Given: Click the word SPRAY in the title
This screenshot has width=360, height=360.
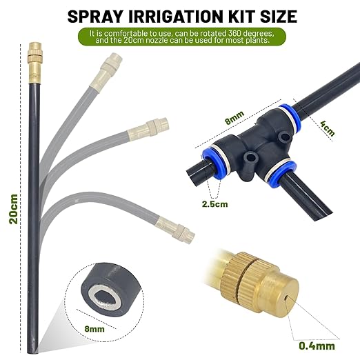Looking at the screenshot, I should pos(94,14).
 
